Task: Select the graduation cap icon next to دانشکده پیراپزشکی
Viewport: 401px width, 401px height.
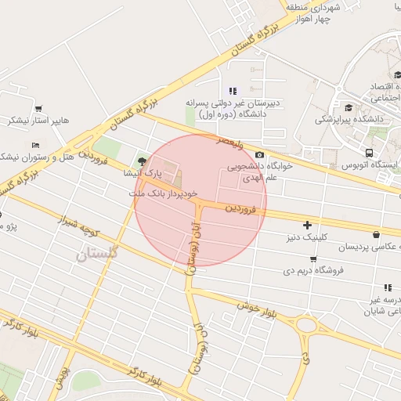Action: (x=349, y=107)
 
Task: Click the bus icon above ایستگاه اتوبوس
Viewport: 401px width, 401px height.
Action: (x=369, y=152)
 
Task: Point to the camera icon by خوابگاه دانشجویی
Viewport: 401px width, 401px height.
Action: (x=259, y=154)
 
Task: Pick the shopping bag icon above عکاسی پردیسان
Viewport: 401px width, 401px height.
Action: (x=377, y=234)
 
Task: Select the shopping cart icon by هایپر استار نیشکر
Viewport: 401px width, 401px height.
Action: (x=38, y=109)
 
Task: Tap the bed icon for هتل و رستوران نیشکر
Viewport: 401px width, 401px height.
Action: (x=34, y=146)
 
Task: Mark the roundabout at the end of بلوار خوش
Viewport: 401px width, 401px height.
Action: (x=306, y=324)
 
